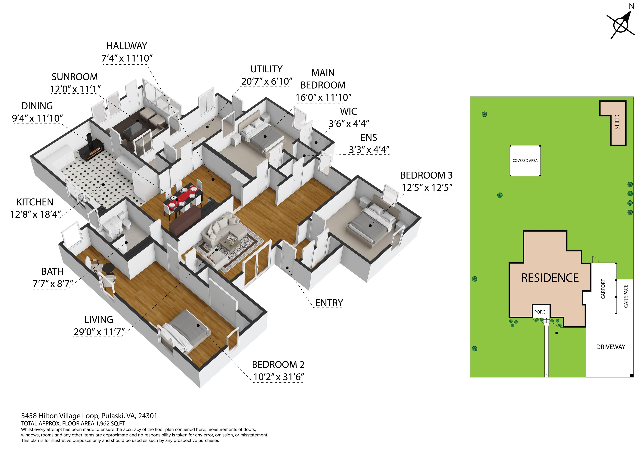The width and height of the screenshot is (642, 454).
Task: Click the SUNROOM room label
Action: (75, 77)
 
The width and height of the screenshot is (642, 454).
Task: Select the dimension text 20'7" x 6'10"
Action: (267, 81)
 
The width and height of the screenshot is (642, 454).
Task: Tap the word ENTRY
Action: (329, 303)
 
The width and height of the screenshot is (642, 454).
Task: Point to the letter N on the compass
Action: (632, 6)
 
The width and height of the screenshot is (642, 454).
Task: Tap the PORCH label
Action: (541, 312)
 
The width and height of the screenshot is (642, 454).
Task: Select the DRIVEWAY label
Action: (611, 347)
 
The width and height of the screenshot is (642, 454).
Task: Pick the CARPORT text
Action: (603, 289)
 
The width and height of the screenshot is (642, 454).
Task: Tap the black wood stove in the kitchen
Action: (91, 147)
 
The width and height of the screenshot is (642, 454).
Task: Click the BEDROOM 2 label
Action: (278, 365)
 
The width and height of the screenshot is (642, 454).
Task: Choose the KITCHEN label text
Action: (35, 202)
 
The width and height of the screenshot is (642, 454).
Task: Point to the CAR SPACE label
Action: (626, 296)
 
